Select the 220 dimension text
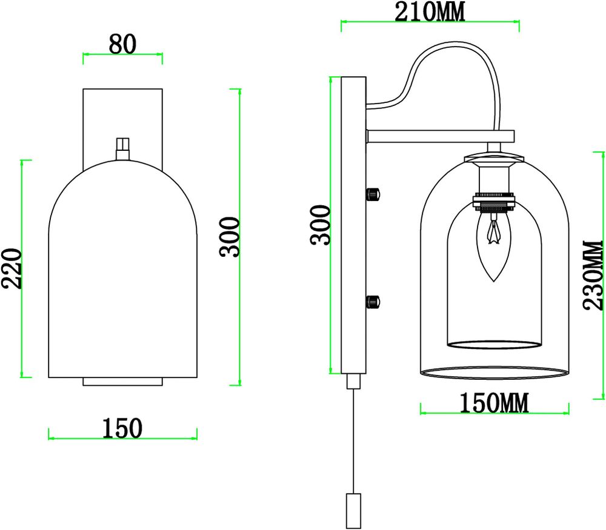pyautogui.click(x=13, y=269)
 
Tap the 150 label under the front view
pyautogui.click(x=123, y=428)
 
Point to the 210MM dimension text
pyautogui.click(x=430, y=12)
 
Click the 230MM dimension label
pyautogui.click(x=594, y=275)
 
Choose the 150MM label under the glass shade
pyautogui.click(x=494, y=402)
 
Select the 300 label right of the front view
pyautogui.click(x=231, y=237)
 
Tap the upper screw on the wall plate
pyautogui.click(x=373, y=194)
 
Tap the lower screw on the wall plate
pyautogui.click(x=373, y=300)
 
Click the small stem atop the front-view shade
pyautogui.click(x=123, y=148)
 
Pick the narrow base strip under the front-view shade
pyautogui.click(x=123, y=381)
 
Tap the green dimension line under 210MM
pyautogui.click(x=430, y=25)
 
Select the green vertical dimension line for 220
pyautogui.click(x=24, y=269)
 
